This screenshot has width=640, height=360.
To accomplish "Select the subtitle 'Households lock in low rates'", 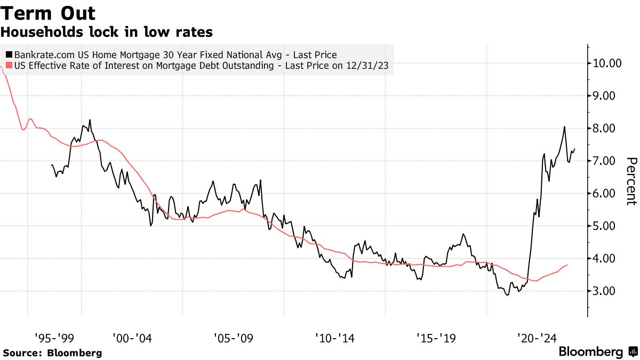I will tap(107, 33).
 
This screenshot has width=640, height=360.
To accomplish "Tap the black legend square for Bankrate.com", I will tap(9, 54).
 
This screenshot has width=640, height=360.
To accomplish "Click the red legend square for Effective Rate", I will tap(9, 66).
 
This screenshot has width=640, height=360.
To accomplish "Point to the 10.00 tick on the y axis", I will tap(607, 63).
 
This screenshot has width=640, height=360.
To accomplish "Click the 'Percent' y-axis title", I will tap(631, 181).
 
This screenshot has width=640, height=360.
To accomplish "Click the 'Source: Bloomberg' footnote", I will tap(52, 353).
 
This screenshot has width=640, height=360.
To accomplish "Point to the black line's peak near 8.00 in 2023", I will tap(564, 127).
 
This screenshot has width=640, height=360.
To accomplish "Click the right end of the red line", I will tap(567, 265).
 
